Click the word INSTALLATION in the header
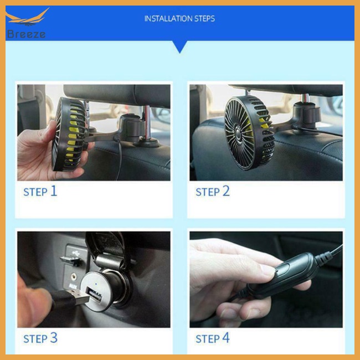tap(168, 19)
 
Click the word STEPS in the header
tap(204, 19)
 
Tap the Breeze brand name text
tap(26, 34)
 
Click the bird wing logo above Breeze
tap(27, 17)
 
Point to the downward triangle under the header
tap(180, 47)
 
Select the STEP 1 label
tap(40, 191)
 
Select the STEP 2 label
tap(213, 191)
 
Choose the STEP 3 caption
tap(40, 338)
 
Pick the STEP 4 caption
tap(213, 338)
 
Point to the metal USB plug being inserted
tap(78, 297)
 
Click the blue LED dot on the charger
tap(96, 284)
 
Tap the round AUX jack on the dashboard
tap(74, 276)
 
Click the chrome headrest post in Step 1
tap(147, 123)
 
